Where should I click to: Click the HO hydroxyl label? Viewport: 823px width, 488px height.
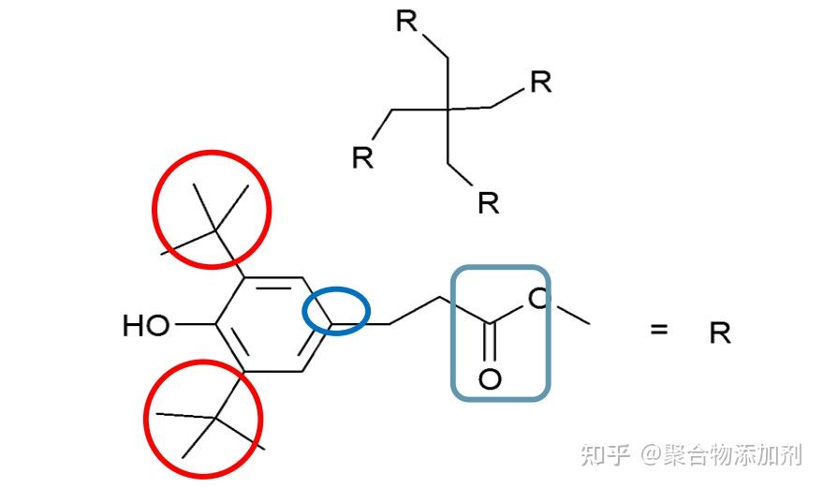click(x=146, y=325)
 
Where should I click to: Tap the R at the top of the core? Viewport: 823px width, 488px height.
click(x=406, y=21)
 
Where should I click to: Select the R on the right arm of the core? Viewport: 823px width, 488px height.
click(x=541, y=81)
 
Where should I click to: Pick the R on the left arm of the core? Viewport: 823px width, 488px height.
click(x=362, y=157)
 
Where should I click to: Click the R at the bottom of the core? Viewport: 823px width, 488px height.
click(x=488, y=202)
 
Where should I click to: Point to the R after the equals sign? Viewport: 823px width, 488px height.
click(x=720, y=333)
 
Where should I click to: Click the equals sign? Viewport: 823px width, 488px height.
click(x=659, y=330)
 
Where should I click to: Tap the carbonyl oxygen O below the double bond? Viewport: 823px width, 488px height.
click(x=490, y=378)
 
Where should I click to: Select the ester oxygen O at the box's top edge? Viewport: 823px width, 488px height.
click(x=538, y=299)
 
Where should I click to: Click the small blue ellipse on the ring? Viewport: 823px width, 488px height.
click(x=336, y=311)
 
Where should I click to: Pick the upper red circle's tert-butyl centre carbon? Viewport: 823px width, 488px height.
click(x=215, y=230)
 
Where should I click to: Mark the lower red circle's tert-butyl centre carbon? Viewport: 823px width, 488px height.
click(x=215, y=418)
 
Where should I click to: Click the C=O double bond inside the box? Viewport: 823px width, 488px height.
click(x=490, y=342)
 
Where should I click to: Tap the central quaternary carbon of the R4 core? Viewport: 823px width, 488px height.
click(x=448, y=110)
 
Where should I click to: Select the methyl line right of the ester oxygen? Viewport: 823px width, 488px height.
click(x=572, y=314)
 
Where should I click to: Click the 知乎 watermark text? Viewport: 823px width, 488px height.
click(x=605, y=454)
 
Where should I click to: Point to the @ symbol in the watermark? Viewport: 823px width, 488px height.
click(x=651, y=455)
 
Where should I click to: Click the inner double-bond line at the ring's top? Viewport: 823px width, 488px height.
click(x=273, y=288)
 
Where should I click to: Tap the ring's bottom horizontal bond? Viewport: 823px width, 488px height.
click(x=273, y=372)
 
